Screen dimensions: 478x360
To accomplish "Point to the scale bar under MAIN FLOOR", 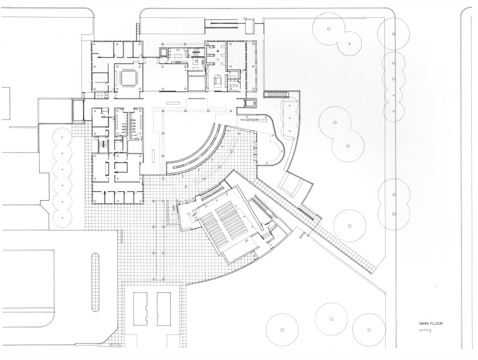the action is (425, 330).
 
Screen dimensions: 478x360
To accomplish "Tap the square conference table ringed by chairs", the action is (129, 78).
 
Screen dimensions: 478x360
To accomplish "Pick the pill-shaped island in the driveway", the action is (96, 282).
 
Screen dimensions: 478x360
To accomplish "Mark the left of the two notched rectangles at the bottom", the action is (140, 309).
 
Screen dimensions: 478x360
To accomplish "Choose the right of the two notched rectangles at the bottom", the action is (164, 309).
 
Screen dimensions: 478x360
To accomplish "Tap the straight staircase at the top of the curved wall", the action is (276, 94).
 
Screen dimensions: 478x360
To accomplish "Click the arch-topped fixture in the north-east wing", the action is (219, 80).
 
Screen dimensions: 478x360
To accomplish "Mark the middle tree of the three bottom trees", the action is (331, 319).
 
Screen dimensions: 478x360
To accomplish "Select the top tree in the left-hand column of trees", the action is (63, 138).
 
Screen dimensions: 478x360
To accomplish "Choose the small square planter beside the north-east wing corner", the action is (250, 104).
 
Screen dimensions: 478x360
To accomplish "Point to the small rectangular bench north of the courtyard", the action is (172, 103).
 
